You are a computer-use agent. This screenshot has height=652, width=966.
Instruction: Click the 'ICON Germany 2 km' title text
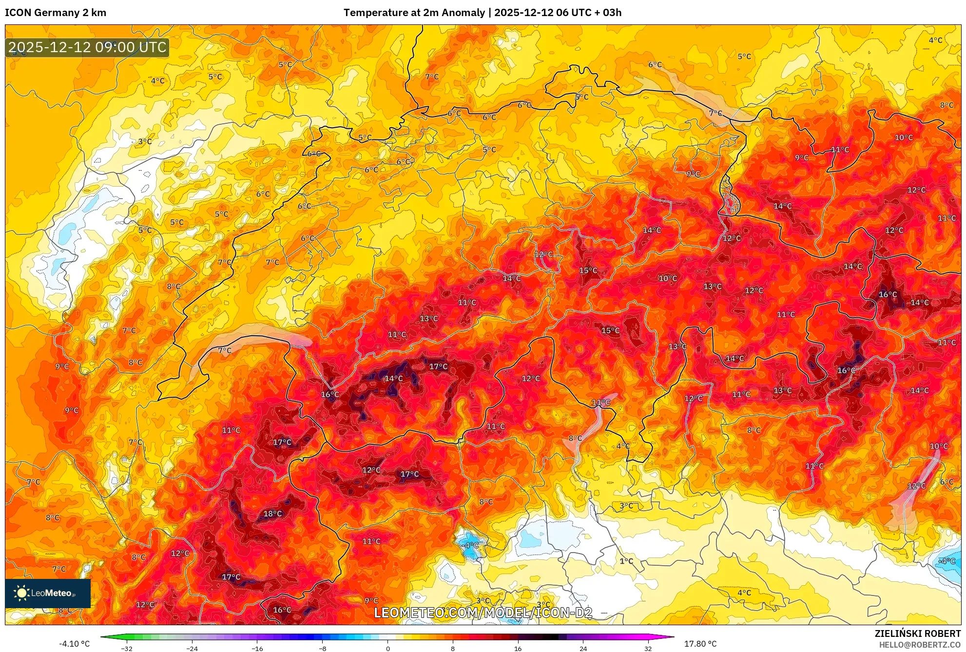56,13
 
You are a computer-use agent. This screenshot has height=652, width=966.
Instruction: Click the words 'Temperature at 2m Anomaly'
414,13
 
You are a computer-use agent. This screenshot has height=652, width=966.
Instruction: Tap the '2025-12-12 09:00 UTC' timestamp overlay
88,47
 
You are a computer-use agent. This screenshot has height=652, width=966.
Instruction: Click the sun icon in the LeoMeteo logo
21,593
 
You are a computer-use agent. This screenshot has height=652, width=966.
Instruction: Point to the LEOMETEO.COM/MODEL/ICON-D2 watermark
483,613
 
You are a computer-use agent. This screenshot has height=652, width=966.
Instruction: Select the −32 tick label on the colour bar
127,649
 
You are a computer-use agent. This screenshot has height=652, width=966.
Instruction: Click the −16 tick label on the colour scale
257,649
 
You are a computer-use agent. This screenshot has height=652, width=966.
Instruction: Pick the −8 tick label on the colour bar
322,649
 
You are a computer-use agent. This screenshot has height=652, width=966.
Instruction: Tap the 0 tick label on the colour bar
388,649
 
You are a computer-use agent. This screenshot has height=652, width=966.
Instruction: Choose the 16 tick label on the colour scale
518,649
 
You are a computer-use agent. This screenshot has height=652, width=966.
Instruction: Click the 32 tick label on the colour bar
648,649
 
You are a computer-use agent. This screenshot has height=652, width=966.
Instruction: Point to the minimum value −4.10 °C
75,644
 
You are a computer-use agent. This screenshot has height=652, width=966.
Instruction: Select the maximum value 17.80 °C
700,644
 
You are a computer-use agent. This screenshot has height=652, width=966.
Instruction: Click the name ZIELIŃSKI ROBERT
918,633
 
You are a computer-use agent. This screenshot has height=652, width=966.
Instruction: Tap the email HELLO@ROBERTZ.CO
920,645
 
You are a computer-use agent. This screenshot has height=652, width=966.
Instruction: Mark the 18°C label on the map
272,514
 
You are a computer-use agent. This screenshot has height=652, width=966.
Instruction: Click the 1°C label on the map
626,561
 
